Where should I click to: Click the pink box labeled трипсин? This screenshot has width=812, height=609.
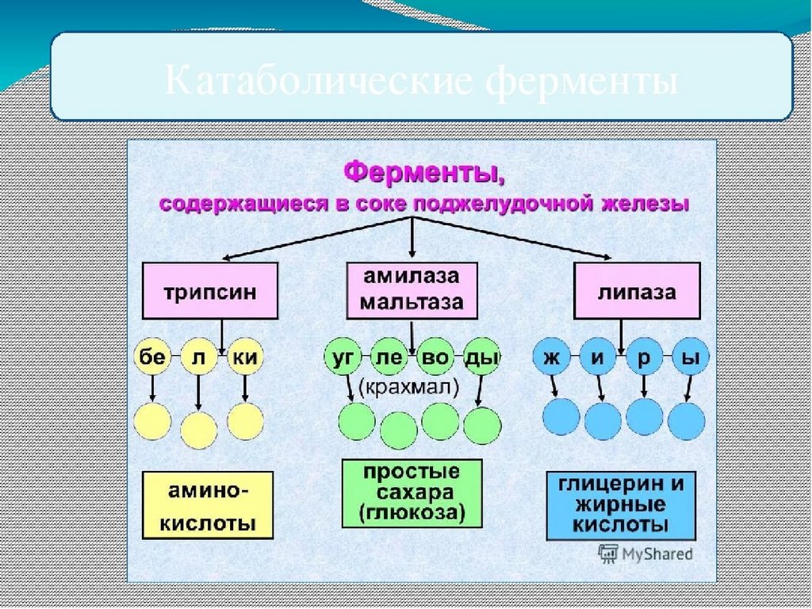210,291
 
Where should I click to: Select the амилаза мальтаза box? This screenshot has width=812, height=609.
412,290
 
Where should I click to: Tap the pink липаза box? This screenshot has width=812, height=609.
637,291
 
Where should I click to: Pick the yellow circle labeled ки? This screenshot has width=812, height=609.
246,358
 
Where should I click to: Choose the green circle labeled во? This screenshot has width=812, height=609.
435,358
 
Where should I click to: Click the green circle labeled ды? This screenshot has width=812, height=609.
482,358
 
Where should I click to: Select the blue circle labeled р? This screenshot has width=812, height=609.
644,358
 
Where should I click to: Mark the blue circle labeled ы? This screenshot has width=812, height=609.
691,358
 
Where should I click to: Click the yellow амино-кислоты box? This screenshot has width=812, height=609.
208,505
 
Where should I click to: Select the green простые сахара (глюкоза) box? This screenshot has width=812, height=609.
412,492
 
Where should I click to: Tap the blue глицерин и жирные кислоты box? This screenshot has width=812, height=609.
621,505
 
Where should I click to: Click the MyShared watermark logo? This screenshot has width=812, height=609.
645,553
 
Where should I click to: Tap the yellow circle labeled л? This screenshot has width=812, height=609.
198,358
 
